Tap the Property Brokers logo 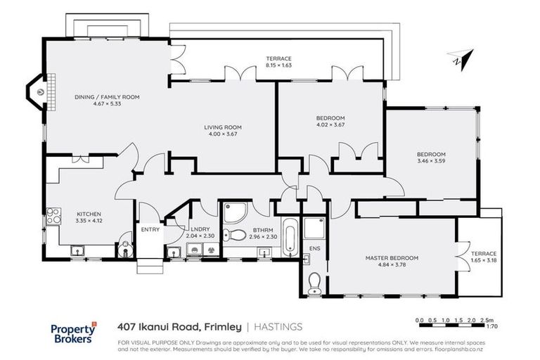[x=73, y=333]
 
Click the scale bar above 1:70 [x=450, y=321]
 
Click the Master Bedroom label [x=392, y=258]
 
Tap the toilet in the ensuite [x=314, y=281]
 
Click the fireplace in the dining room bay [x=40, y=91]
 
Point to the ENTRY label [x=150, y=229]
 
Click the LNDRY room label [x=197, y=229]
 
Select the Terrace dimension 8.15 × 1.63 [x=278, y=65]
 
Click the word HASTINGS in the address [x=278, y=326]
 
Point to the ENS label [x=314, y=248]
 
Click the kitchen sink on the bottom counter [x=78, y=250]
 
